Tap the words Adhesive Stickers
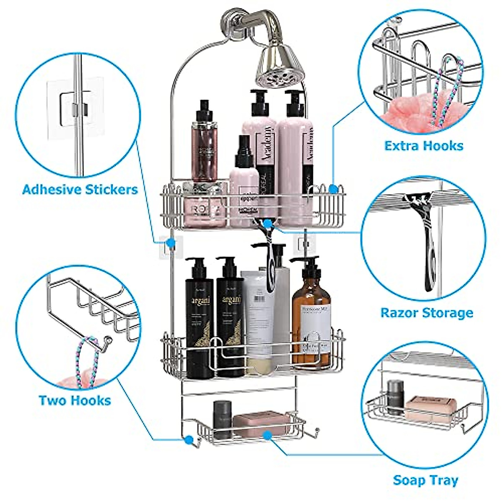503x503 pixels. tap(80, 189)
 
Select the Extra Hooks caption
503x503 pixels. tap(424, 146)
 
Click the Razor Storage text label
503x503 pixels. tap(427, 313)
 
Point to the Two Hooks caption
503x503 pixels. tap(75, 400)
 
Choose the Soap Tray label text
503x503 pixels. tap(425, 480)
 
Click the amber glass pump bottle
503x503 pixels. tap(311, 319)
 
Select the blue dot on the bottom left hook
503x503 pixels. tap(189, 440)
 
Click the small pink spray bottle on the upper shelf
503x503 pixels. tap(244, 180)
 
